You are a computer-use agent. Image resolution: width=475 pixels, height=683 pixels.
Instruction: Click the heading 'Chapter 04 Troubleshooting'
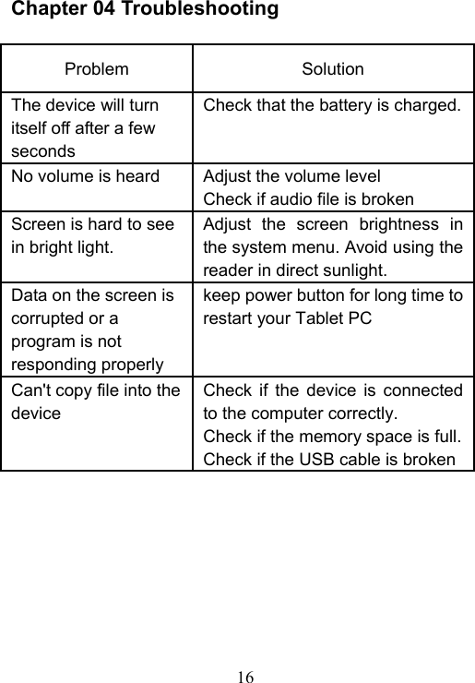pos(145,10)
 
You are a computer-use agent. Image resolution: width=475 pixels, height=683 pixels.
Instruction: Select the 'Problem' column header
pos(97,69)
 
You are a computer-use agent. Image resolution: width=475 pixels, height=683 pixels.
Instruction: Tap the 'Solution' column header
pos(333,69)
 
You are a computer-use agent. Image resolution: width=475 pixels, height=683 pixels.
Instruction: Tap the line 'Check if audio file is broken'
pos(307,198)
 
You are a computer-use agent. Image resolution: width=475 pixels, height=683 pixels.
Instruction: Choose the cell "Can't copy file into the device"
pos(96,401)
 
